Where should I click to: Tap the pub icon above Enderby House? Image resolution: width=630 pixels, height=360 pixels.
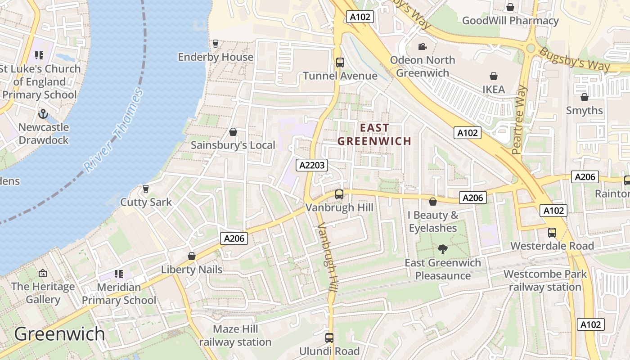click(216, 44)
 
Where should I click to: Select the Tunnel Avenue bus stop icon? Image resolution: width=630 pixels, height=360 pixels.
click(340, 63)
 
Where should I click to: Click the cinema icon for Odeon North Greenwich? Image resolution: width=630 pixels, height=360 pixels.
click(422, 47)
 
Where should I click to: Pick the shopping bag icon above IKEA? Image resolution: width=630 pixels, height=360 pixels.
click(494, 76)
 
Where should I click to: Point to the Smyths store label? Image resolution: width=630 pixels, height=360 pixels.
click(584, 110)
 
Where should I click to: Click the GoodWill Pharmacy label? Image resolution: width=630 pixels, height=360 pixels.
click(510, 21)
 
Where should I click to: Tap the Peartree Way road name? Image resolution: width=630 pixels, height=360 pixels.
click(519, 120)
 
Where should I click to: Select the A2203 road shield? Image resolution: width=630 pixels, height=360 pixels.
click(312, 165)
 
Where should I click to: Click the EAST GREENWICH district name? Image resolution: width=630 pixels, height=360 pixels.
click(374, 135)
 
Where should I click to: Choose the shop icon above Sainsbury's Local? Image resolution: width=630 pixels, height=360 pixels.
click(233, 132)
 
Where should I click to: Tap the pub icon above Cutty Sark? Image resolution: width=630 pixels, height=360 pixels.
click(145, 189)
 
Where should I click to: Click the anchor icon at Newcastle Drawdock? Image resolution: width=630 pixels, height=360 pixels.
click(43, 114)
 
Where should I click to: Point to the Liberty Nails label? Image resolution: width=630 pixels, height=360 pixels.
click(192, 270)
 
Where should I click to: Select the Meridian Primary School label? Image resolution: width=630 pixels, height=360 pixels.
click(119, 293)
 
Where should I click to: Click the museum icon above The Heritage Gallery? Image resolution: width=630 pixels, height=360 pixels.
click(43, 273)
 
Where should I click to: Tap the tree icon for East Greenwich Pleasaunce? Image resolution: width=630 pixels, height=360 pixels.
click(443, 249)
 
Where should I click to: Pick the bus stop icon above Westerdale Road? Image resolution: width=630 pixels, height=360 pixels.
click(552, 233)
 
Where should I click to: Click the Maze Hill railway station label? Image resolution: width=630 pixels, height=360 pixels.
click(235, 336)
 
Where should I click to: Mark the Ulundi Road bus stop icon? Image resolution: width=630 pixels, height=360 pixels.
click(329, 338)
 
